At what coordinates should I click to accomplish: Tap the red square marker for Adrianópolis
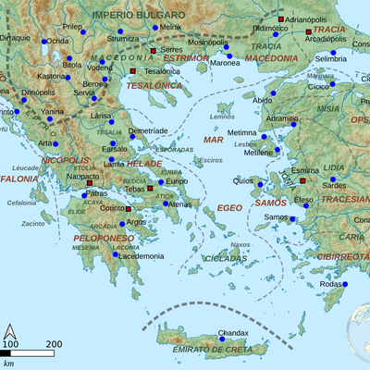point(280,18)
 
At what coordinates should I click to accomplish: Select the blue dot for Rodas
point(344,284)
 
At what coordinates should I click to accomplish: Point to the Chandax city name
point(232,332)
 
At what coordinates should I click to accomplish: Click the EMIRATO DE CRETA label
point(212,350)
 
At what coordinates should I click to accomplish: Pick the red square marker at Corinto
point(128,209)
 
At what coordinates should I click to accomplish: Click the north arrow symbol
point(10,331)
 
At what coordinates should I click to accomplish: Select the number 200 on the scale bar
point(54,343)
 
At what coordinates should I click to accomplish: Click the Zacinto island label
point(33,223)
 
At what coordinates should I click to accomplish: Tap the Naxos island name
point(240,244)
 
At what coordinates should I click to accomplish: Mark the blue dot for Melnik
point(154,28)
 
